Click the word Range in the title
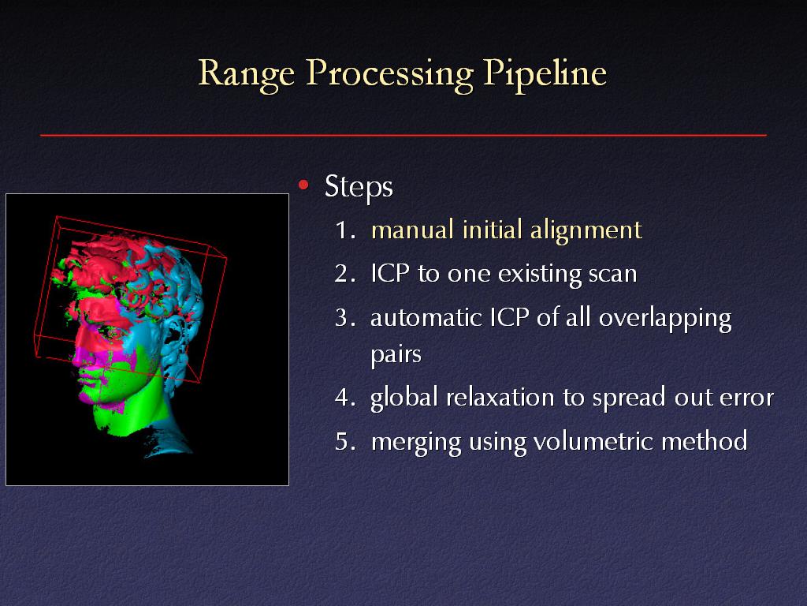click(x=247, y=74)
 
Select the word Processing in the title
click(x=389, y=74)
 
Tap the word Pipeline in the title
click(x=545, y=74)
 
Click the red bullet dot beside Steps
click(x=303, y=185)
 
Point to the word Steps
click(x=359, y=187)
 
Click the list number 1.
click(x=345, y=230)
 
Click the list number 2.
click(x=345, y=274)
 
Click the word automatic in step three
click(x=426, y=318)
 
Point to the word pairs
click(x=396, y=355)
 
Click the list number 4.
click(x=345, y=398)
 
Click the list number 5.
click(x=345, y=442)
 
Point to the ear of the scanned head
click(x=174, y=334)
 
